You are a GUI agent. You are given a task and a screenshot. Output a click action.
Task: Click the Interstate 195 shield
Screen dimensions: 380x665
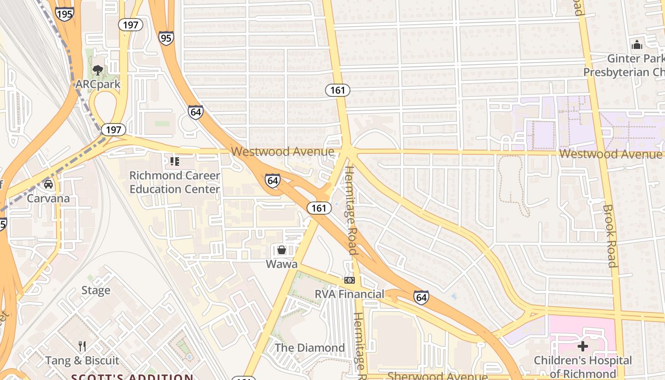(x=64, y=13)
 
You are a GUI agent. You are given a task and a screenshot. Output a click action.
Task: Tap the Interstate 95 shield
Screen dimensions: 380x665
(x=166, y=38)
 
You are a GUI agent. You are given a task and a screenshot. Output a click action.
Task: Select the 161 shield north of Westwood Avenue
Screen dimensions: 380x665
(x=338, y=90)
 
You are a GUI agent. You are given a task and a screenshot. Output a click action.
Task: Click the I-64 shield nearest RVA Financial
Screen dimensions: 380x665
(x=421, y=297)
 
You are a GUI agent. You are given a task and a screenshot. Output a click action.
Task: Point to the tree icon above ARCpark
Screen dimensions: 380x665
(x=98, y=71)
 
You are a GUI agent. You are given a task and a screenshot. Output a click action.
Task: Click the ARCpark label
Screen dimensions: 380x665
(x=98, y=85)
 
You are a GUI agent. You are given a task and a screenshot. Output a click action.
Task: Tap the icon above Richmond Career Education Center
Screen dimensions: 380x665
(x=174, y=161)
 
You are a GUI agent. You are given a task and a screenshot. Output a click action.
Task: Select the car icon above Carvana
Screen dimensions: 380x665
(x=48, y=184)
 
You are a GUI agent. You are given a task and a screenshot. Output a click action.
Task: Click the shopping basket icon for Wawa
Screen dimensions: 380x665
(x=282, y=249)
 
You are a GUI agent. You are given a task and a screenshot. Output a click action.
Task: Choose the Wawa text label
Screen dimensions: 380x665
(x=282, y=264)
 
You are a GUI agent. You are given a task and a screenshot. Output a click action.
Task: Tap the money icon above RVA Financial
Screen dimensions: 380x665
(x=350, y=280)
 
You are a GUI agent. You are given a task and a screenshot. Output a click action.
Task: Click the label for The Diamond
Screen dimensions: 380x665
(x=310, y=348)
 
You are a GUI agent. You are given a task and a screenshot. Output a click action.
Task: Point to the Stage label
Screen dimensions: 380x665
(x=95, y=290)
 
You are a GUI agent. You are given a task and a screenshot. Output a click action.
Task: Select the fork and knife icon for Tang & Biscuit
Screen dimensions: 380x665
(x=82, y=346)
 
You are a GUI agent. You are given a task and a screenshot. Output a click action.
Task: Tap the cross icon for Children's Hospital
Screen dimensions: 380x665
(x=583, y=346)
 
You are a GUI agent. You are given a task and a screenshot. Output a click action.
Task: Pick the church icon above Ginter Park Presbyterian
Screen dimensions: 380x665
(x=637, y=45)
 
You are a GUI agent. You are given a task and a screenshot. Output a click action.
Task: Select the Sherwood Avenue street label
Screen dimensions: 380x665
(x=437, y=376)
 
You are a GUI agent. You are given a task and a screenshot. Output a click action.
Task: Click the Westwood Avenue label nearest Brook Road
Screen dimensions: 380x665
(x=610, y=154)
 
